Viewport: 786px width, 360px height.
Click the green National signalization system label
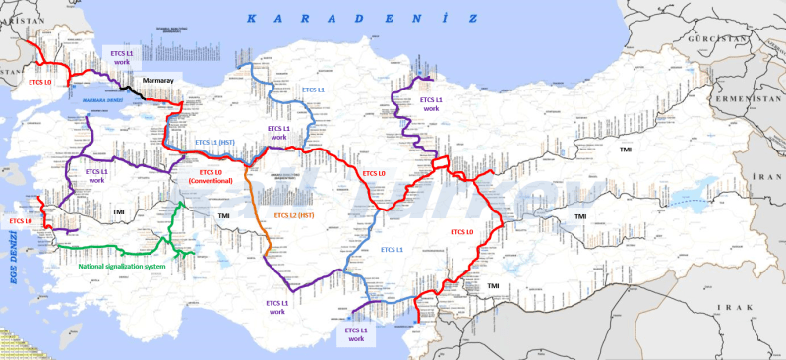(121, 266)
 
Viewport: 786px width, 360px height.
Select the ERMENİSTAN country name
(754, 100)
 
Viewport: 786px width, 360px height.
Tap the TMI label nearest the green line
(119, 211)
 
